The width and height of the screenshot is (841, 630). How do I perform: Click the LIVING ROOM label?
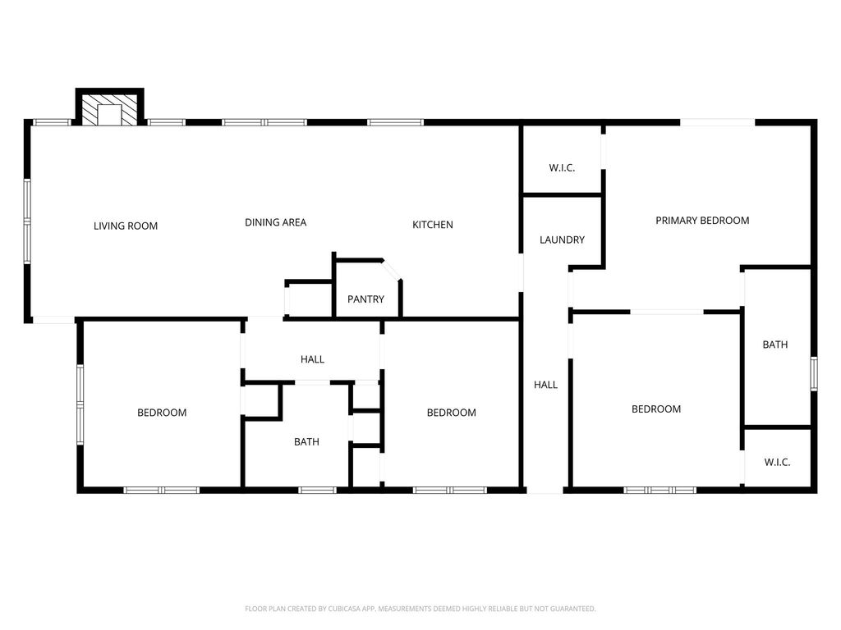coord(126,226)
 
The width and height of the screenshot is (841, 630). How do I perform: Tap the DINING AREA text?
coord(276,222)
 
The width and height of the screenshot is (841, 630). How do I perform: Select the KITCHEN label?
coord(432,225)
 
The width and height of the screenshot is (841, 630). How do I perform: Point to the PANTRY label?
coord(365,299)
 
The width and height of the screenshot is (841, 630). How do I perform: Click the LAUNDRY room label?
coord(562,240)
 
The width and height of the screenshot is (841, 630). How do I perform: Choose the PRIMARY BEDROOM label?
coord(702,220)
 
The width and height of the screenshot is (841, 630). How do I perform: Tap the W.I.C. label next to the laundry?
coord(562,167)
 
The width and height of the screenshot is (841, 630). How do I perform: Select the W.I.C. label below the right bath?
coord(777,462)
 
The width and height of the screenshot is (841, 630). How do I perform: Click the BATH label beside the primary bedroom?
coord(775,345)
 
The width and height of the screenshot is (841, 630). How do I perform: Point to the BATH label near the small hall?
coord(306,441)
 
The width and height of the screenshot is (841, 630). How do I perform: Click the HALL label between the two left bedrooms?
coord(312,359)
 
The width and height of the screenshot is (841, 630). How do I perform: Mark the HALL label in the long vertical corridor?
coord(545,385)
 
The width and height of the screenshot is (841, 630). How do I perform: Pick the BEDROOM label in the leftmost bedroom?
coord(162,413)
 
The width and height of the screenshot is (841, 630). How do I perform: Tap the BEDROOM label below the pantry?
coord(451,413)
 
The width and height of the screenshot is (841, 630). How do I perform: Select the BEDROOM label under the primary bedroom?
coord(656,409)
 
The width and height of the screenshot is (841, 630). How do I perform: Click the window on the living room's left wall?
coord(27,221)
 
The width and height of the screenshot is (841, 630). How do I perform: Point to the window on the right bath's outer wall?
coord(814,373)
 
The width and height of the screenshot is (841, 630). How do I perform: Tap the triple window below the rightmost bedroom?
coord(659,490)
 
